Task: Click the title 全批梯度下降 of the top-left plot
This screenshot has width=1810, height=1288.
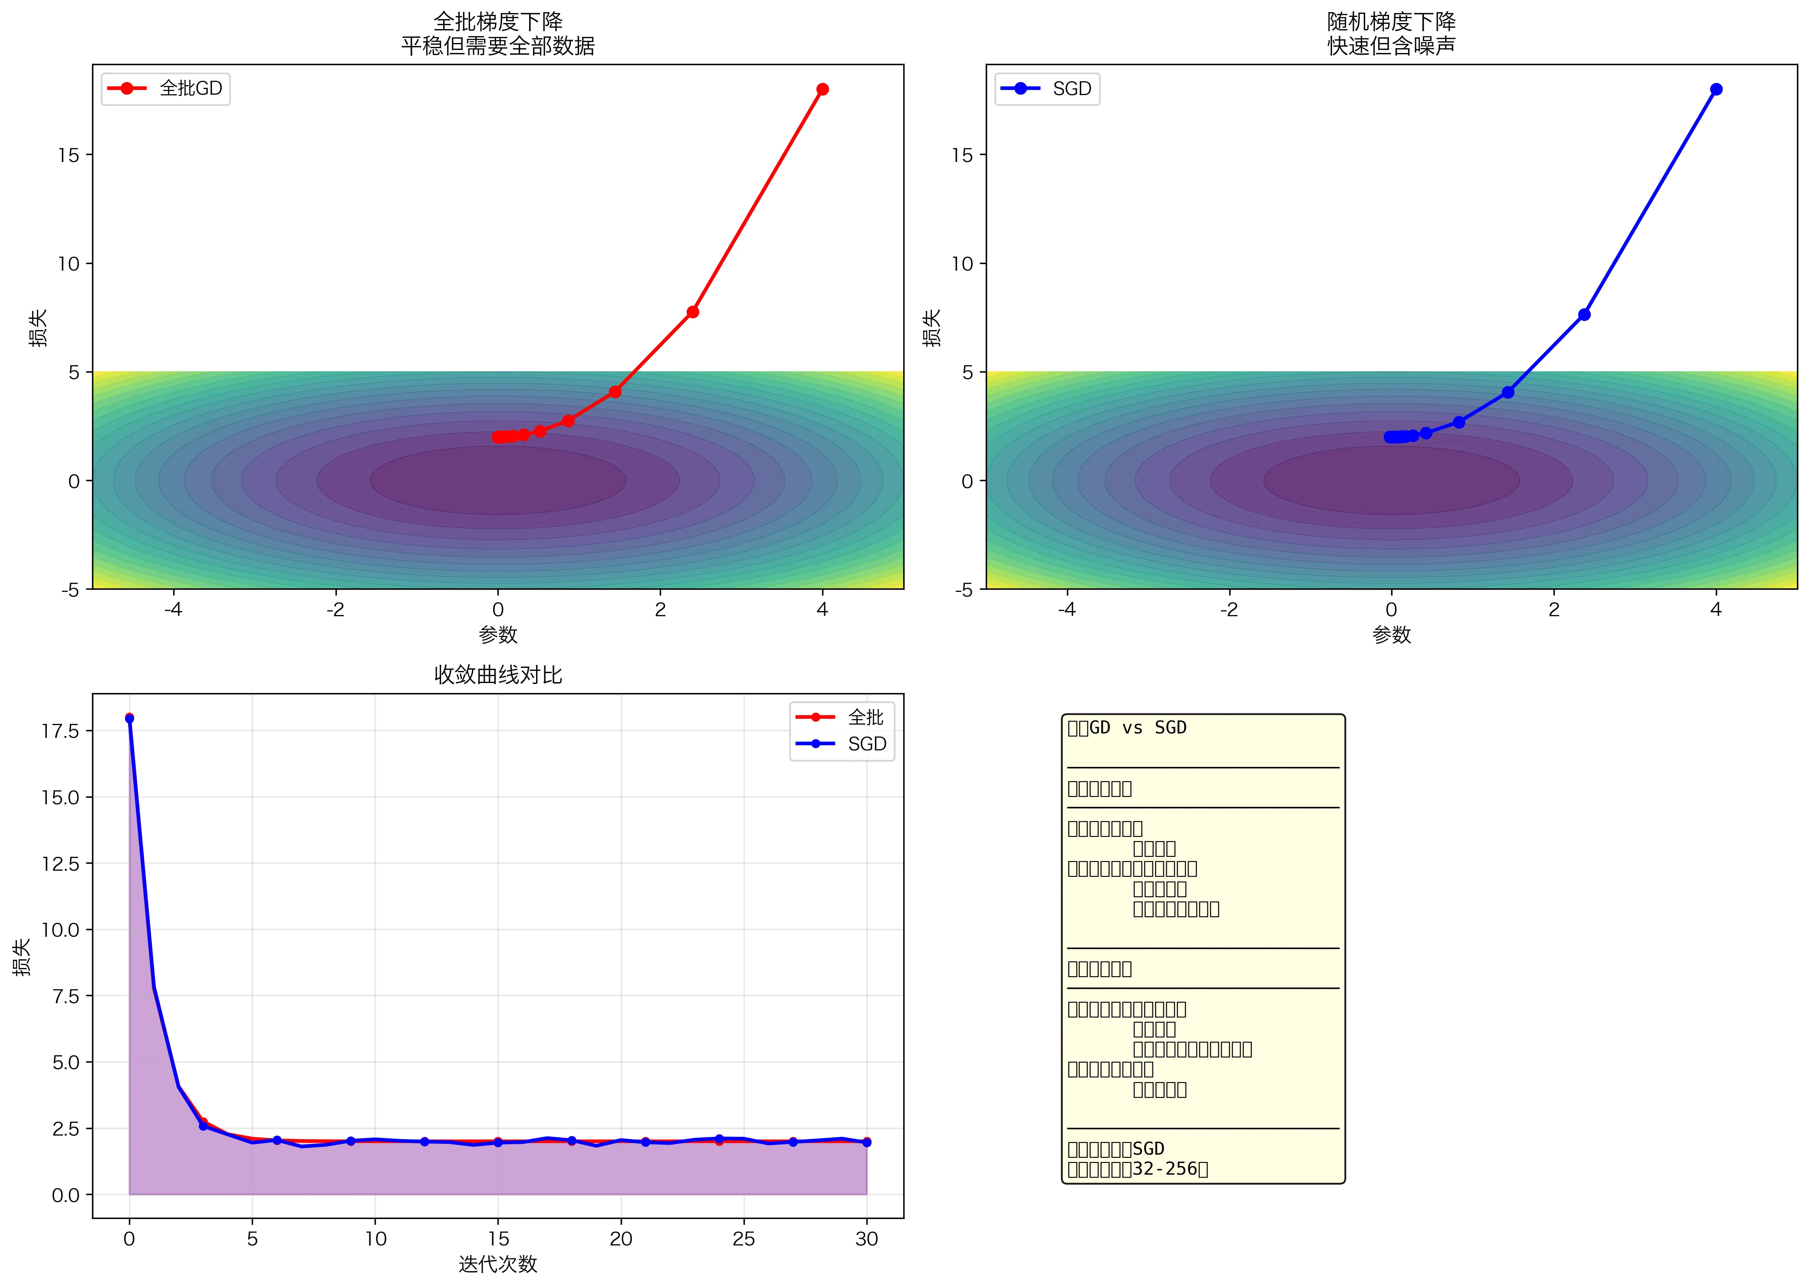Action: click(498, 21)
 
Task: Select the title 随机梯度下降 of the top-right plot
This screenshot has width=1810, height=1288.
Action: click(1392, 21)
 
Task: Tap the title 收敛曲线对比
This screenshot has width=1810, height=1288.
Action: click(498, 675)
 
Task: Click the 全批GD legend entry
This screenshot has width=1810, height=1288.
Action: click(190, 88)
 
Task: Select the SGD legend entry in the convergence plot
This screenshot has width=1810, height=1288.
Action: click(866, 744)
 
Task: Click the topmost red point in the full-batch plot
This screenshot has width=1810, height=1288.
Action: click(822, 89)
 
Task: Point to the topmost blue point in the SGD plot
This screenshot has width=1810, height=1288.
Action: click(1716, 89)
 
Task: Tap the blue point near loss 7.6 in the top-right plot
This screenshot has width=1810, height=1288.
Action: click(1584, 315)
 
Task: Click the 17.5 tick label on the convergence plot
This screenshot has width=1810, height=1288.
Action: click(61, 730)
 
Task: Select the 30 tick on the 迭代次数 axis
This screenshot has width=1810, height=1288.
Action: click(866, 1239)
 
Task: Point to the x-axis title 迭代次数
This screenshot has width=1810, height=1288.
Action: click(498, 1264)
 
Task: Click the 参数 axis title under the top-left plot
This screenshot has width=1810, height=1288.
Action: click(498, 634)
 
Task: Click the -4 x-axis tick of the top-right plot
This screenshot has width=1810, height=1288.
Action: click(1067, 609)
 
